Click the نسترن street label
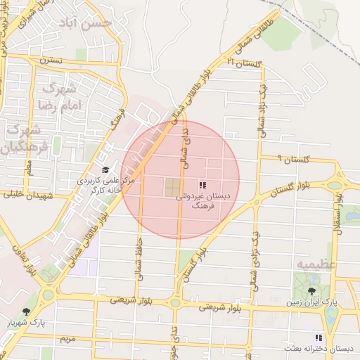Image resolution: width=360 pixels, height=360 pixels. [51, 60]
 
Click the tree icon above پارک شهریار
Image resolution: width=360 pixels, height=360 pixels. [27, 311]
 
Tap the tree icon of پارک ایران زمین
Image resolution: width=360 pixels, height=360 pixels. [312, 289]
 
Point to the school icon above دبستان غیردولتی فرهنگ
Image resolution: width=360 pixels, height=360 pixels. [203, 186]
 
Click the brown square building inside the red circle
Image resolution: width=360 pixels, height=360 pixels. [172, 187]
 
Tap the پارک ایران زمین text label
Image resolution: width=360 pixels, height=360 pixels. [311, 302]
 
